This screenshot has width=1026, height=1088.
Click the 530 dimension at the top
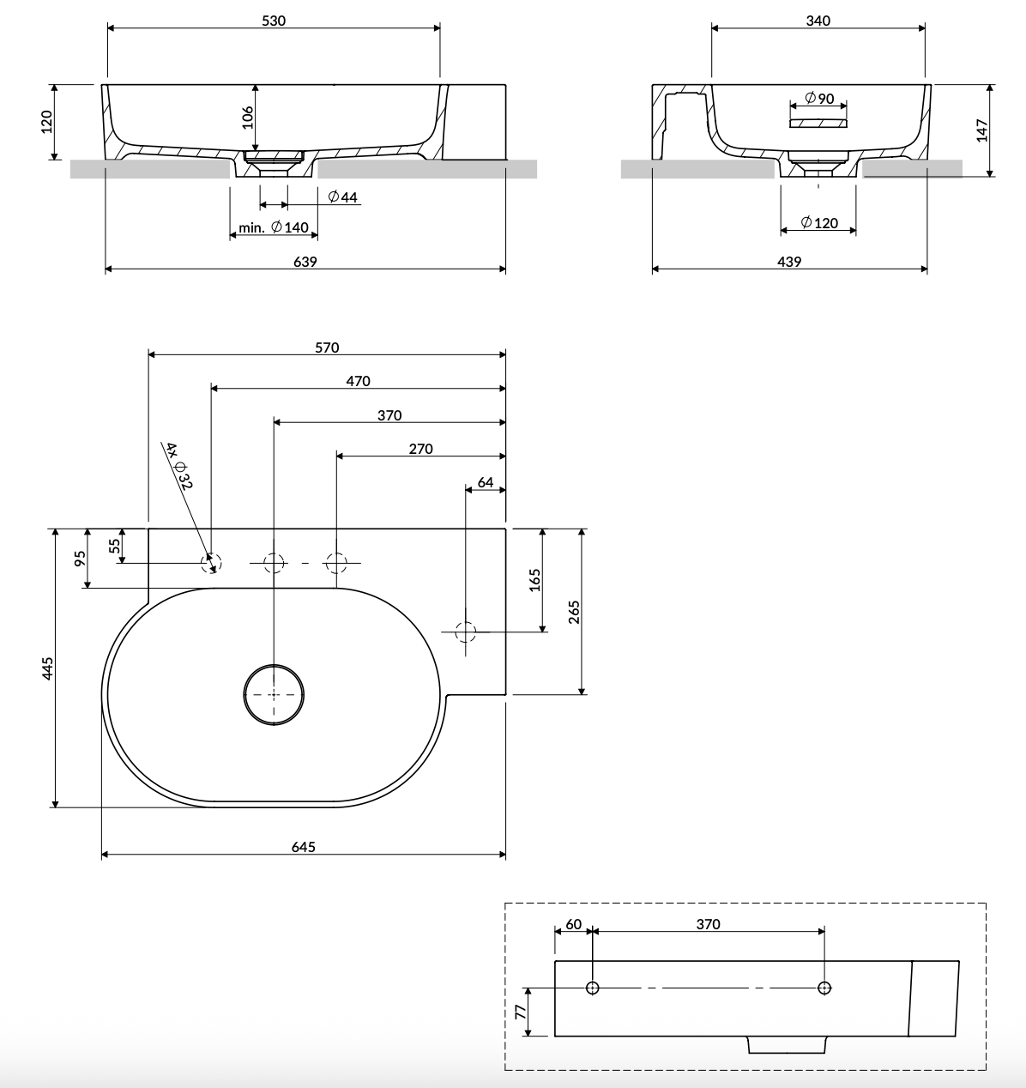tap(274, 21)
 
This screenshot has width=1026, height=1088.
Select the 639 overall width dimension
tap(305, 262)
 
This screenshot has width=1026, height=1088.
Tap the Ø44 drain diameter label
tap(343, 197)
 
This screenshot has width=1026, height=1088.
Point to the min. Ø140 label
tap(275, 227)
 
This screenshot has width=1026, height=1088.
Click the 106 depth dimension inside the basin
tap(247, 118)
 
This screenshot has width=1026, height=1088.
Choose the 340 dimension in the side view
tap(818, 21)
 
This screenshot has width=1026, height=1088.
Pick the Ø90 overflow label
tap(820, 99)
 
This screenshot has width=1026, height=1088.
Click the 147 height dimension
tap(982, 130)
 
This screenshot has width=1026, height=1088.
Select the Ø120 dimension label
tap(819, 223)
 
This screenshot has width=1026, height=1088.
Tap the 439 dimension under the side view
tap(789, 262)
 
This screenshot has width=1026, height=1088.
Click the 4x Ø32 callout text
tap(179, 466)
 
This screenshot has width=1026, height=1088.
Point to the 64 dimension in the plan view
tap(486, 482)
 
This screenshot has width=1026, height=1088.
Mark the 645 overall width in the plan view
tap(304, 847)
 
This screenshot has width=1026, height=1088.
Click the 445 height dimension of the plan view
tap(48, 668)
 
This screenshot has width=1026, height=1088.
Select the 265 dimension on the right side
tap(575, 611)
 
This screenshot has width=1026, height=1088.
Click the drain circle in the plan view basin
tap(274, 693)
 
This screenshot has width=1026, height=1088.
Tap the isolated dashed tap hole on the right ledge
tap(465, 632)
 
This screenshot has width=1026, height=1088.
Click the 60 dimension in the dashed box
tap(573, 924)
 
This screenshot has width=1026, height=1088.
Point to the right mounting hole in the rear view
tap(824, 988)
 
